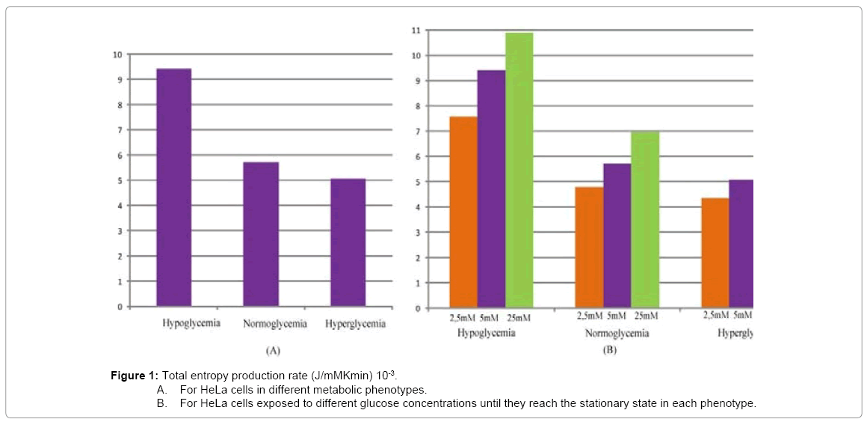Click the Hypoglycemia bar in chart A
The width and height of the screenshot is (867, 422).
tap(173, 187)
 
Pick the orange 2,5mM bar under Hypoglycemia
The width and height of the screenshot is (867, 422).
tap(463, 212)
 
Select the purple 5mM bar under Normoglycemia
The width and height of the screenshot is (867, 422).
tap(617, 236)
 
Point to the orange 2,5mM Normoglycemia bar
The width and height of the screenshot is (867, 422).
tap(589, 247)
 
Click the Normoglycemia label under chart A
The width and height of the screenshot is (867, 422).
tap(275, 324)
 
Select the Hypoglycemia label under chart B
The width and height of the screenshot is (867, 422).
tap(486, 333)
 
